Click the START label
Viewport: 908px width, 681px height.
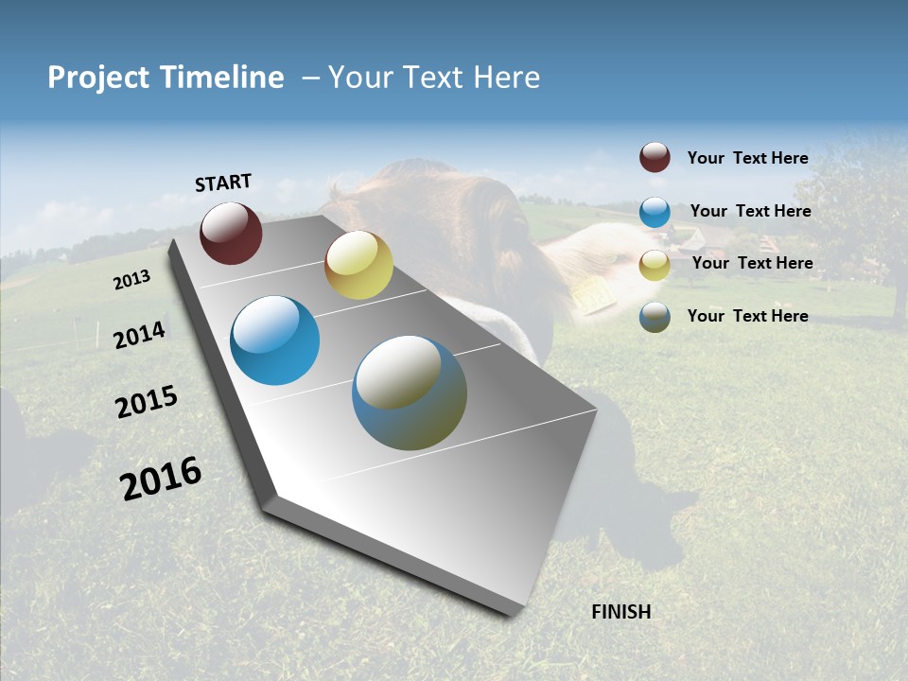(x=223, y=183)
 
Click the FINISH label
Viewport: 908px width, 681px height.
(x=620, y=612)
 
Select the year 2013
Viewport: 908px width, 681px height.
(x=131, y=280)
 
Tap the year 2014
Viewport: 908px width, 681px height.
(x=139, y=335)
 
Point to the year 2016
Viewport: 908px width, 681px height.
(x=161, y=479)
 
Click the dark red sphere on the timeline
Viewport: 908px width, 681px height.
(x=231, y=233)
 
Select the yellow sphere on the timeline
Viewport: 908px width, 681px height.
(x=358, y=265)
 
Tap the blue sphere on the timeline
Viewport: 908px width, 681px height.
(x=274, y=340)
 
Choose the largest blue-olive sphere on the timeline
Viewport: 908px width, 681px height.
(x=410, y=393)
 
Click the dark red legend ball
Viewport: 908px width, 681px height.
(x=655, y=157)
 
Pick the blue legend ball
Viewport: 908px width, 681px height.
(x=655, y=212)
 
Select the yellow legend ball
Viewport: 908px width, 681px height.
(x=655, y=265)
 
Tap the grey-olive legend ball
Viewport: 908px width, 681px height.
(x=655, y=317)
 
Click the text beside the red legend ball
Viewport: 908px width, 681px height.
(x=747, y=158)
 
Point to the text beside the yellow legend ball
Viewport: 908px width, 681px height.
(x=752, y=263)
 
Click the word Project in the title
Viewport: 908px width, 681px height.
(x=99, y=78)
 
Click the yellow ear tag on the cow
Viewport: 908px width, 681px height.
(x=594, y=294)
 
